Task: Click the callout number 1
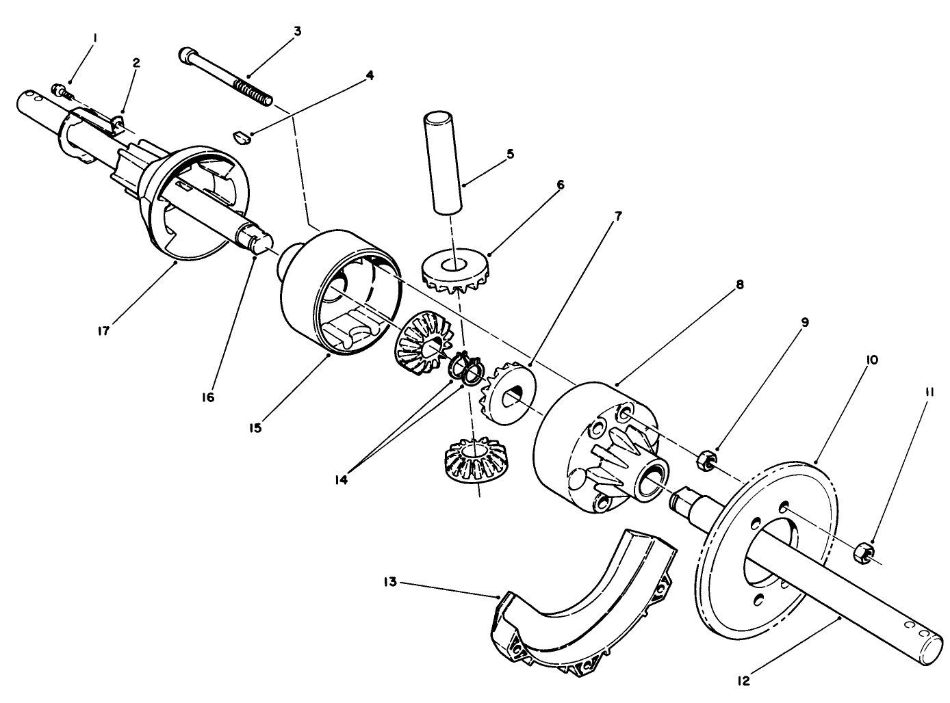(x=95, y=40)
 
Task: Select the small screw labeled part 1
(x=61, y=90)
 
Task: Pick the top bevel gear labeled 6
(x=453, y=271)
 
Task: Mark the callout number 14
(x=341, y=480)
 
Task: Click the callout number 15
(x=257, y=428)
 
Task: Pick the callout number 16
(x=208, y=397)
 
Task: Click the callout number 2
(x=136, y=63)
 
